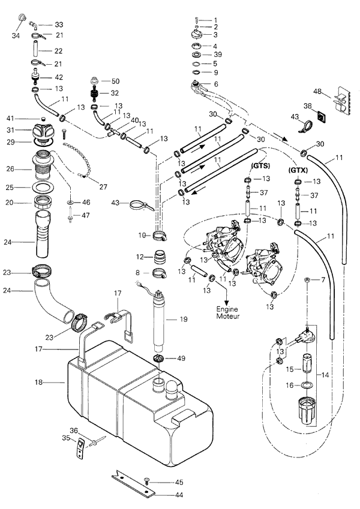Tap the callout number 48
click(317, 92)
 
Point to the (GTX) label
click(298, 170)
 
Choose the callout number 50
click(115, 80)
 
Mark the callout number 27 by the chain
click(103, 186)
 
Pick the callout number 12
click(139, 257)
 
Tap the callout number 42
click(59, 77)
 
